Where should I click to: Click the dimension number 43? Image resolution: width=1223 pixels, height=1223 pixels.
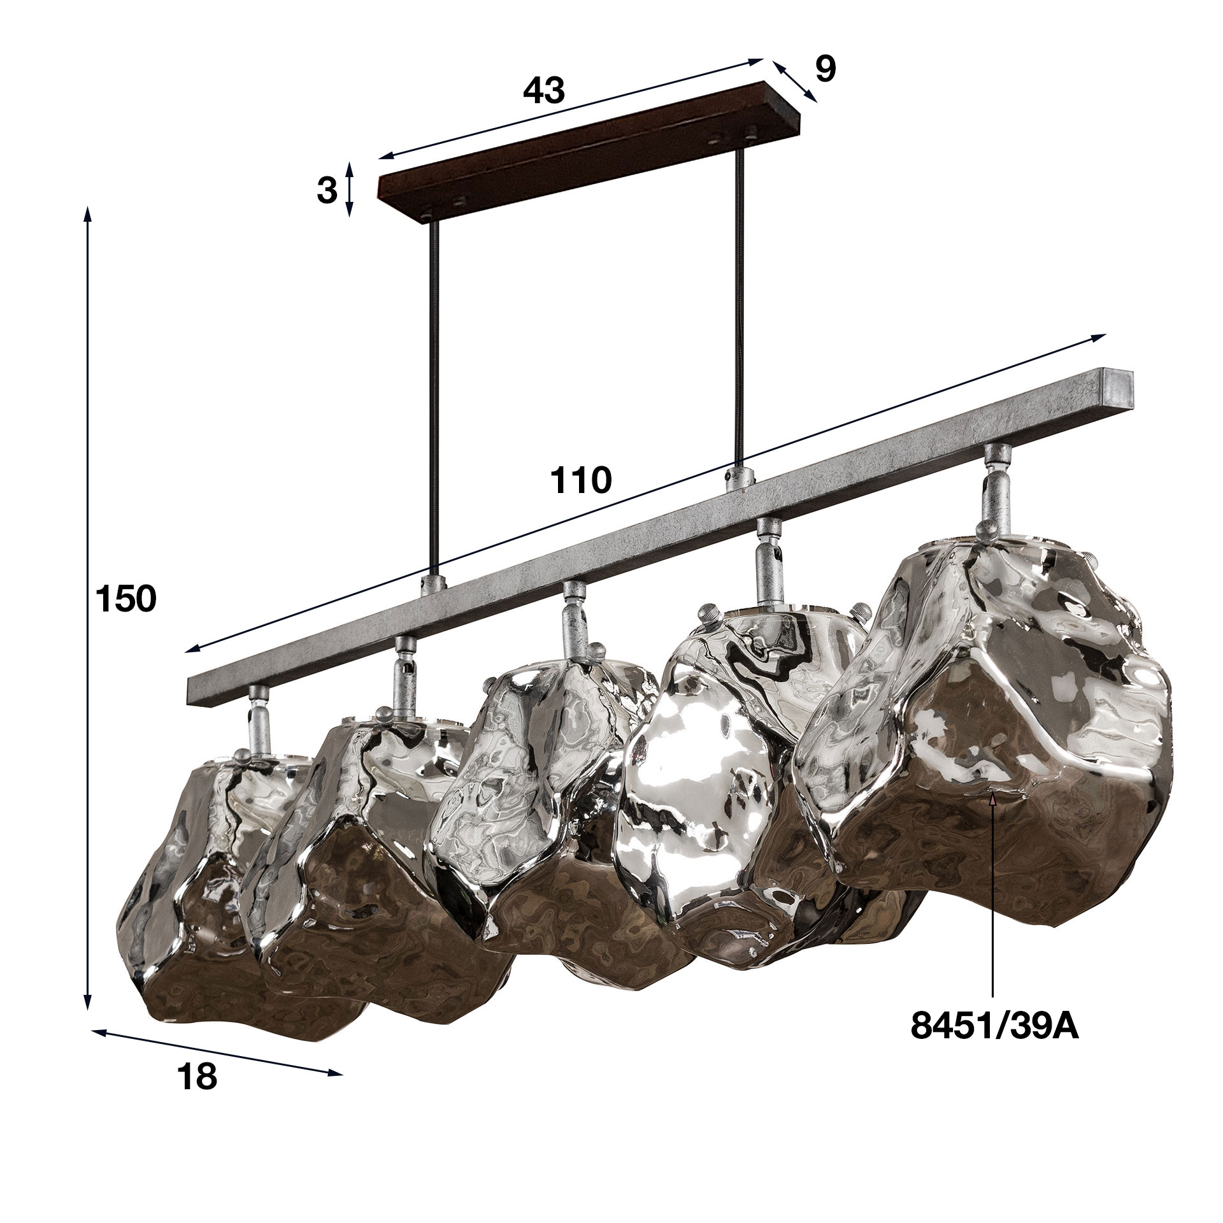pyautogui.click(x=543, y=91)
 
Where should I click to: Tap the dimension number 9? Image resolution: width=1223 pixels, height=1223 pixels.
pyautogui.click(x=824, y=69)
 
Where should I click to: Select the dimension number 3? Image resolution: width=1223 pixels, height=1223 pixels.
pyautogui.click(x=327, y=190)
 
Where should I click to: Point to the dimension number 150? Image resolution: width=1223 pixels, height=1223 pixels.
pyautogui.click(x=125, y=600)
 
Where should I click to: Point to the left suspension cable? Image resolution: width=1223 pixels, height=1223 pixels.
pyautogui.click(x=434, y=395)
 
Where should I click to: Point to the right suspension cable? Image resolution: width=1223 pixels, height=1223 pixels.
pyautogui.click(x=739, y=306)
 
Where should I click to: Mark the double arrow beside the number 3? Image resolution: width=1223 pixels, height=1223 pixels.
pyautogui.click(x=349, y=189)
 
